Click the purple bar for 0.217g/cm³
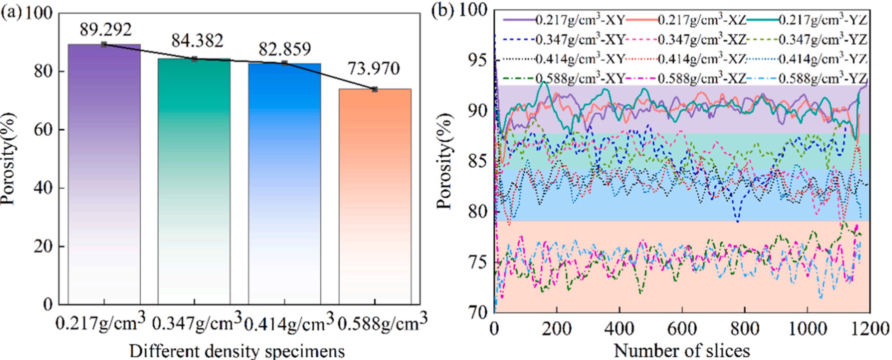(x=104, y=175)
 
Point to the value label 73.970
(x=374, y=69)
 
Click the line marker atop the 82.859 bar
(x=285, y=63)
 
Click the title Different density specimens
(x=237, y=351)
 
